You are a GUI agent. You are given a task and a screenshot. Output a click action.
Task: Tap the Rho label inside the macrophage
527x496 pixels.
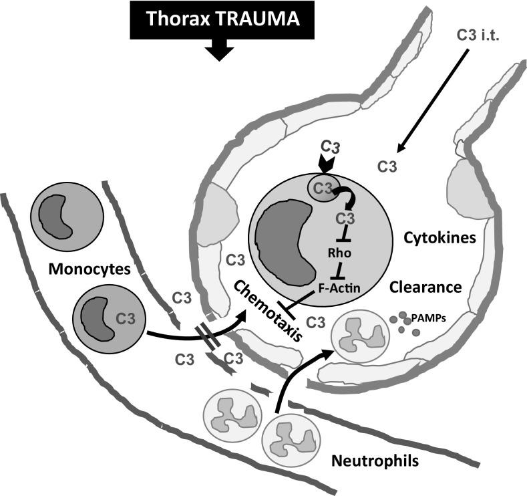tap(339, 253)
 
